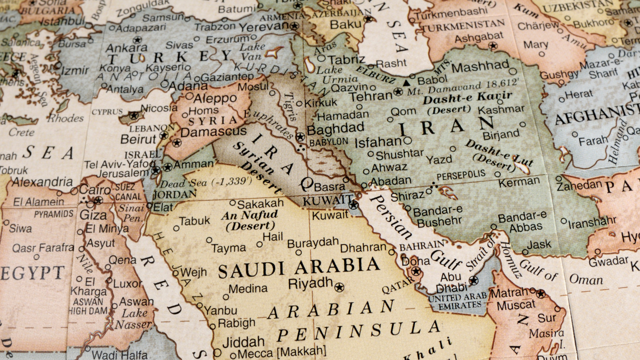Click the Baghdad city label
335,129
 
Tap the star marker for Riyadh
339,287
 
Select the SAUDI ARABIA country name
298,268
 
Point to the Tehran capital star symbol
397,92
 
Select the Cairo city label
95,190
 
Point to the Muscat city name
516,304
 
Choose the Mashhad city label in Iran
480,66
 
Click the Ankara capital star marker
137,39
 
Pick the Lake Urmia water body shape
310,64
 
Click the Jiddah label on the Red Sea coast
243,342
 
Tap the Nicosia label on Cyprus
158,108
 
